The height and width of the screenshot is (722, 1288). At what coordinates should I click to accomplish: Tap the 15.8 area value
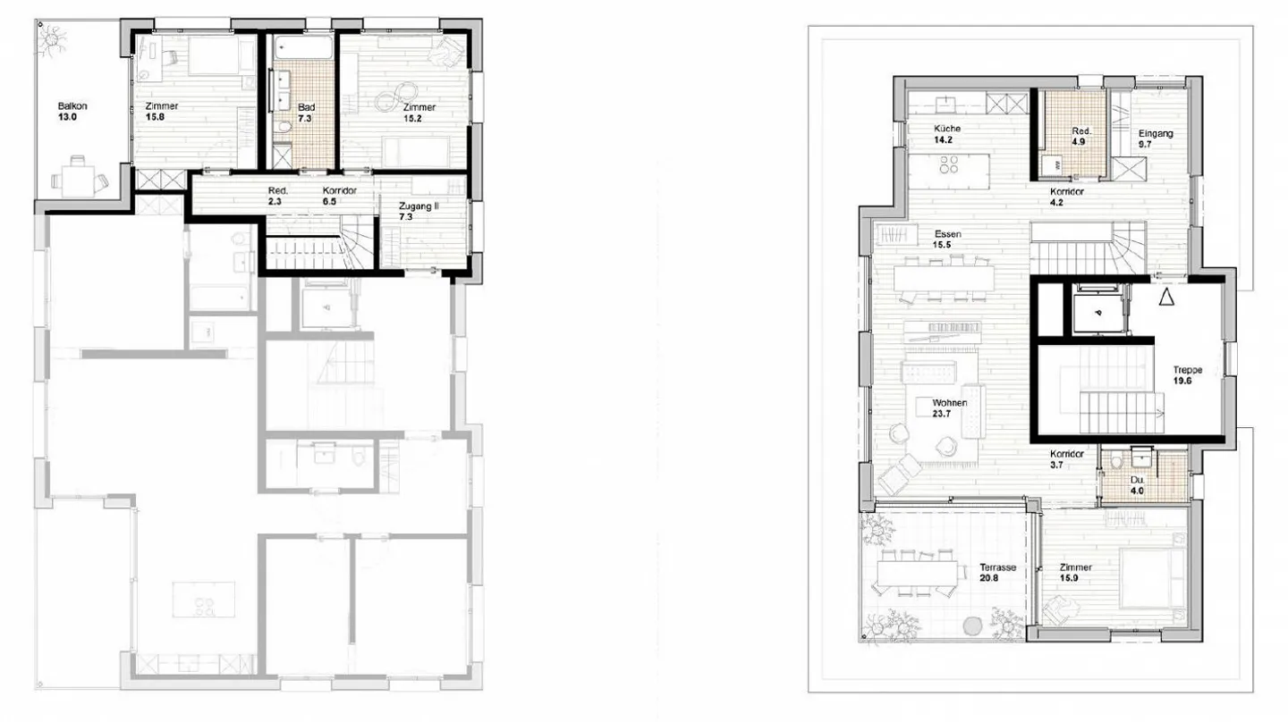click(x=156, y=116)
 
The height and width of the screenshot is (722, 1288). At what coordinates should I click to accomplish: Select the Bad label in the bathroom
click(x=307, y=107)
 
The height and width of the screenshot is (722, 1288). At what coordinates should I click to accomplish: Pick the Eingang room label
click(x=1156, y=133)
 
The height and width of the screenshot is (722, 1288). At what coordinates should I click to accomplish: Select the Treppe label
click(x=1188, y=369)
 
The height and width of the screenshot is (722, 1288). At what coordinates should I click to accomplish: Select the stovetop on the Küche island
click(x=950, y=165)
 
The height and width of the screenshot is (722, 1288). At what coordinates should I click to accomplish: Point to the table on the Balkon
click(x=78, y=179)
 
